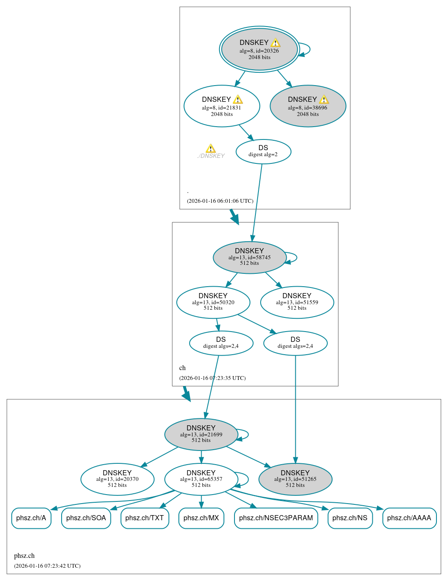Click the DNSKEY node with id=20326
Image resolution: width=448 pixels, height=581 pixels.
259,49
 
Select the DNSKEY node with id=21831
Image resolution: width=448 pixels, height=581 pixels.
222,106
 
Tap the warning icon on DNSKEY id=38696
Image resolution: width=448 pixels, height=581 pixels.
324,100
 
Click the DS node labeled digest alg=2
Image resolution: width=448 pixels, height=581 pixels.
263,151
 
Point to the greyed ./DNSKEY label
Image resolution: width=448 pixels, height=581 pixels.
211,156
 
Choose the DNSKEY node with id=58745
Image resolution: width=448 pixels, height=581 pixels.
249,257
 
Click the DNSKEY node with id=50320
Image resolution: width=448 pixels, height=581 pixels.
213,302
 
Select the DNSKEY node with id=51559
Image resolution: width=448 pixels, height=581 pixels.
297,302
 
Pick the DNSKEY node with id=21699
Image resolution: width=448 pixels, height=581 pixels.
201,434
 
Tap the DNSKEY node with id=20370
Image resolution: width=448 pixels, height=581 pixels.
117,479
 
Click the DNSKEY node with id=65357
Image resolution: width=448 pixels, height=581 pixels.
201,479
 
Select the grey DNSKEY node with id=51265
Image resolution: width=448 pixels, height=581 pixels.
295,479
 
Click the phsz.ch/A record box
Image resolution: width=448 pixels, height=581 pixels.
31,518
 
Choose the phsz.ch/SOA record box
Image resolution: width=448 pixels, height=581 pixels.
86,518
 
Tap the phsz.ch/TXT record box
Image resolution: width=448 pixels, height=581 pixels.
145,518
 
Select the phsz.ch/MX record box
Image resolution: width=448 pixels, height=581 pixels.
201,518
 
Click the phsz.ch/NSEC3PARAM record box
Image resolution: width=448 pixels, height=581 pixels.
276,518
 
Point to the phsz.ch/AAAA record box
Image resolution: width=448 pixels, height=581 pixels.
409,518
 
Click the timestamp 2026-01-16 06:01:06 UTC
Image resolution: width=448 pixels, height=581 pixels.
220,201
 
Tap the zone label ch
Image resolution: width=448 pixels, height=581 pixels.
182,368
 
